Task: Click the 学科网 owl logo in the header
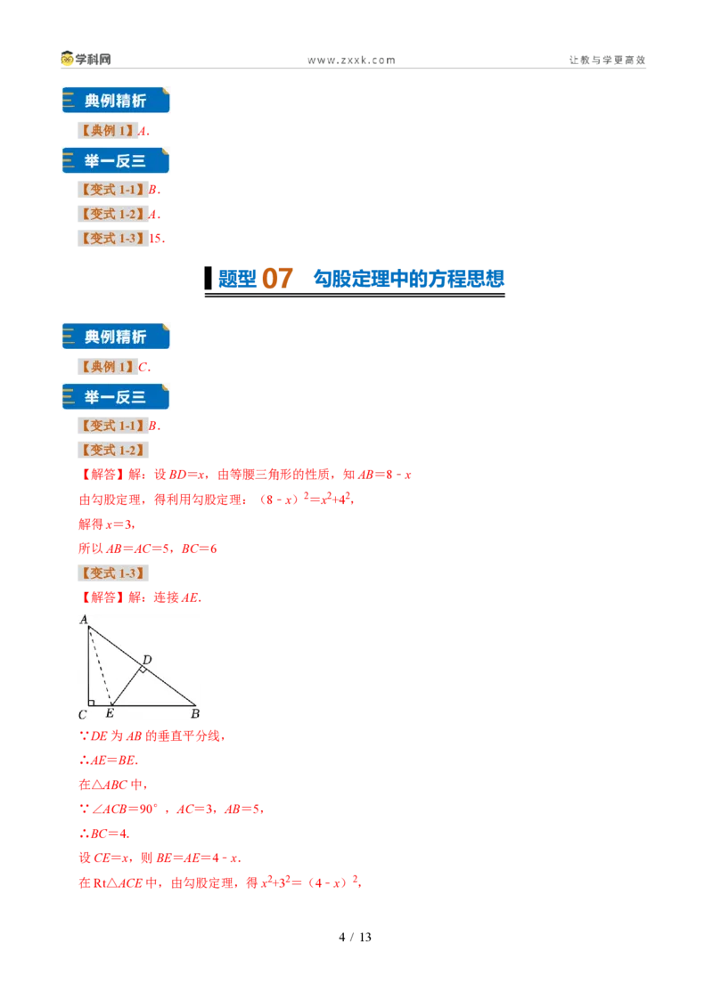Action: (67, 59)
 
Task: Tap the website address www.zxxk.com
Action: (351, 61)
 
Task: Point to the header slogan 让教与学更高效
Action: (607, 60)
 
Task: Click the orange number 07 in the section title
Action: (277, 279)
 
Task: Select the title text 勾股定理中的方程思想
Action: (408, 279)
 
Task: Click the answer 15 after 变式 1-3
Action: (155, 239)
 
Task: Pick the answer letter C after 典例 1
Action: (143, 367)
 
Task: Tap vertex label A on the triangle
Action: (84, 620)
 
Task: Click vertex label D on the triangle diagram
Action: (147, 660)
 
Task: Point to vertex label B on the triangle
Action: (195, 713)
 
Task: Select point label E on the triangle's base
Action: (110, 713)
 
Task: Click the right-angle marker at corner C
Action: (92, 703)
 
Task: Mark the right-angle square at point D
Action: (143, 670)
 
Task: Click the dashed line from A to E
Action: (100, 666)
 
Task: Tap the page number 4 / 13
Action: (356, 938)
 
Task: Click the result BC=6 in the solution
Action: (199, 549)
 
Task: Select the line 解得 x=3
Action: (106, 524)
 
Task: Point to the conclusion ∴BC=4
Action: (104, 833)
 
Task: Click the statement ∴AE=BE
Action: (108, 760)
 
